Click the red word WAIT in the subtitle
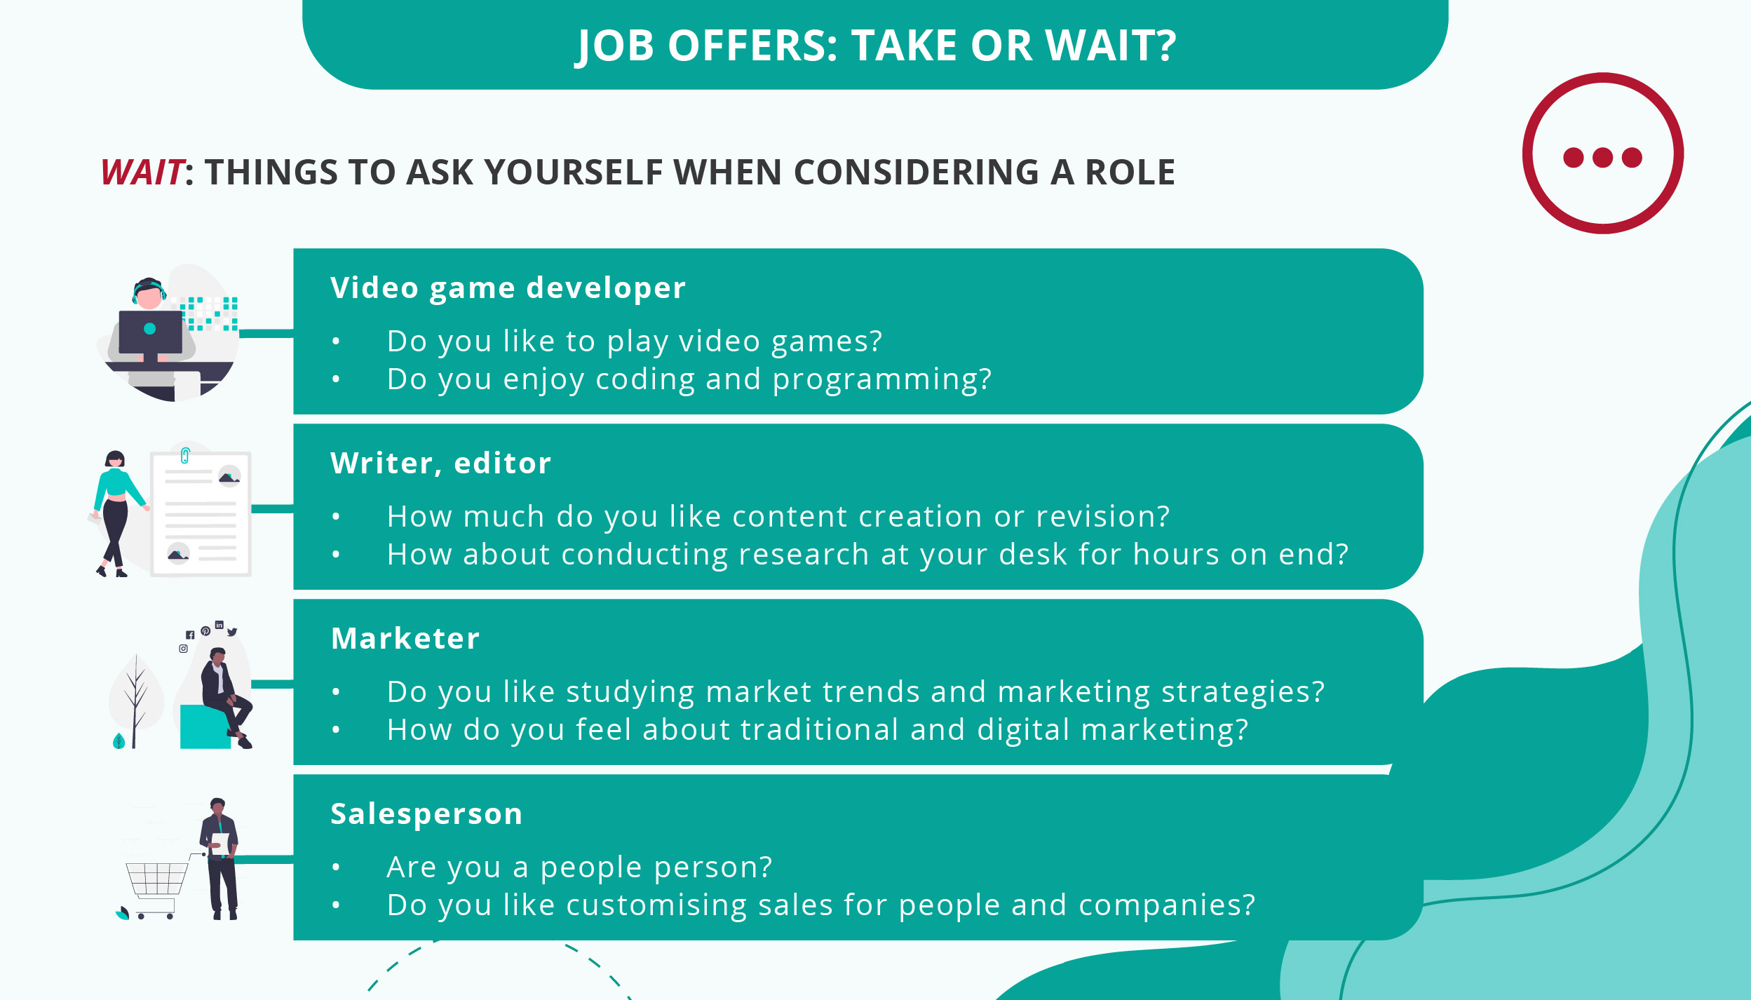tap(142, 172)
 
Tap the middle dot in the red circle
tap(1603, 157)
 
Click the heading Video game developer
tap(508, 288)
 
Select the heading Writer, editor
tap(440, 463)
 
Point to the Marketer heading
tap(405, 638)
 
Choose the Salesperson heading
tap(426, 813)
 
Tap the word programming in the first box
tap(881, 379)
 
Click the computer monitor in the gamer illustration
tap(150, 331)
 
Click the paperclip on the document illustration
tap(185, 456)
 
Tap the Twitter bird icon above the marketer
tap(232, 632)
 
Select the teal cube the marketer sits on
tap(204, 727)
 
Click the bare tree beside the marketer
tap(135, 701)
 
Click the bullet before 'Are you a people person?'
tap(336, 867)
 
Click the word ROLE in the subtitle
tap(1130, 173)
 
